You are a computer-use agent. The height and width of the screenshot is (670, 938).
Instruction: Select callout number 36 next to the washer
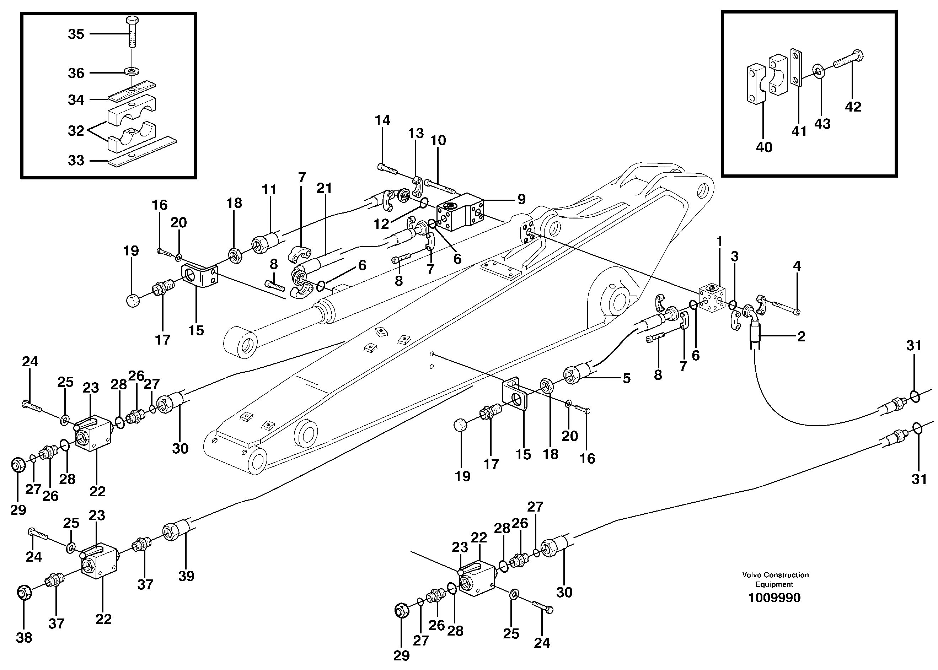click(x=76, y=73)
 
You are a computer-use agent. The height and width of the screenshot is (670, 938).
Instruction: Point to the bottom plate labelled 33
click(x=143, y=151)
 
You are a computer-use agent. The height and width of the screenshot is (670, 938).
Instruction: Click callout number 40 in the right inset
click(x=764, y=147)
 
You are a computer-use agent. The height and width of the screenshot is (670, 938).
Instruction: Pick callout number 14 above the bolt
click(x=382, y=120)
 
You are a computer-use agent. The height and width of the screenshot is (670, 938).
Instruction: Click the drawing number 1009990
click(x=774, y=598)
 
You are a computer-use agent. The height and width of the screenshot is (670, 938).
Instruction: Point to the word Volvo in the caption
click(x=752, y=575)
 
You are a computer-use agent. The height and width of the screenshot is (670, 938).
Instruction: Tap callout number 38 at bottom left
click(x=24, y=637)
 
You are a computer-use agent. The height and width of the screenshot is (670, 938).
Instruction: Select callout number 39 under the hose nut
click(x=186, y=576)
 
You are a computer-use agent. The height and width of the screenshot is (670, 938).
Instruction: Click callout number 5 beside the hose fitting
click(x=626, y=378)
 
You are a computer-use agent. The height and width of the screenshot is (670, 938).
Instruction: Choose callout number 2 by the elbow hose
click(x=801, y=337)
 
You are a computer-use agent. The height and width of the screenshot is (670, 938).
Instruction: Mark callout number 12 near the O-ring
click(x=381, y=224)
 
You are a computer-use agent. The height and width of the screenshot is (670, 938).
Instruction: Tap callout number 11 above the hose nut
click(x=269, y=190)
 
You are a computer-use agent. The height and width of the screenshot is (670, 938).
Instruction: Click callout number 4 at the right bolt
click(x=797, y=266)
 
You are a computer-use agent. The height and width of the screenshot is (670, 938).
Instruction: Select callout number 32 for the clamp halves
click(x=76, y=131)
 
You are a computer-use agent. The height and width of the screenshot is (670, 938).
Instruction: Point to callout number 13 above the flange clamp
click(x=416, y=133)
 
